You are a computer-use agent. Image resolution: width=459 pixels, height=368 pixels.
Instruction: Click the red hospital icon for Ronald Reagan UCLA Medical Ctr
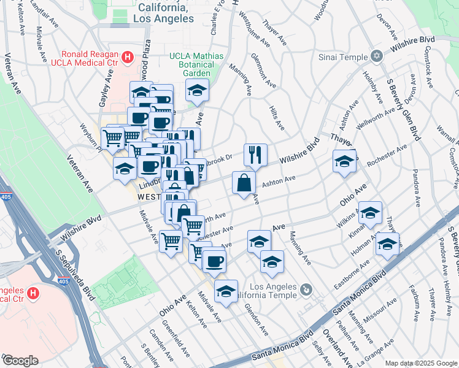point(127,58)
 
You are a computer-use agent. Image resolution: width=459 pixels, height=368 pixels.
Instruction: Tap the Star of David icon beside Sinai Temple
point(376,57)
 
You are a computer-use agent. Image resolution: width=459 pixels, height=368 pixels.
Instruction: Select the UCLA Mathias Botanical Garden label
point(196,62)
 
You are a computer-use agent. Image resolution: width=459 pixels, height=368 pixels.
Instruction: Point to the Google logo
point(20,361)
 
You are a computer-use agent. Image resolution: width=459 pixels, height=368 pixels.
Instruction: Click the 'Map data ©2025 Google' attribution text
point(420,363)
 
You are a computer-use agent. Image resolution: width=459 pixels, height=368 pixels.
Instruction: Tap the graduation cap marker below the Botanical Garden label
point(198,91)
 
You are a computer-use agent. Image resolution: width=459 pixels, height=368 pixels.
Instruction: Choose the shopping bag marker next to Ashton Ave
point(244,183)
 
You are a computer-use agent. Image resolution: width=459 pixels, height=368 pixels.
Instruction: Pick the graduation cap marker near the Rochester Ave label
point(344,163)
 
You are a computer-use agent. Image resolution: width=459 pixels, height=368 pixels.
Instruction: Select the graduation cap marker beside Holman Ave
point(387,244)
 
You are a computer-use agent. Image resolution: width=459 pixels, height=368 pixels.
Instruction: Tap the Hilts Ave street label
point(277,116)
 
